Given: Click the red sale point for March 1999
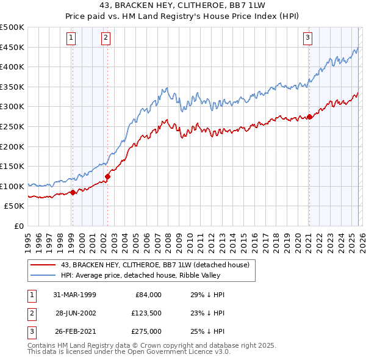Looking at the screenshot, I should pos(73,192).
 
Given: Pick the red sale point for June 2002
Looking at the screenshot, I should pos(107,177).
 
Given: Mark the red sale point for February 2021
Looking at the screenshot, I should pos(309,117).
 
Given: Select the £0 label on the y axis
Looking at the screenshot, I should pos(18,226).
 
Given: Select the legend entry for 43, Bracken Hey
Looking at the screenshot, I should pos(155,265).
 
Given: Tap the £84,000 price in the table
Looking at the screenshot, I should pos(147,295).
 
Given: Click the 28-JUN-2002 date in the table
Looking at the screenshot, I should pos(76,313).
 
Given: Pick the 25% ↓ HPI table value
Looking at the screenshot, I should pos(208,331).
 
